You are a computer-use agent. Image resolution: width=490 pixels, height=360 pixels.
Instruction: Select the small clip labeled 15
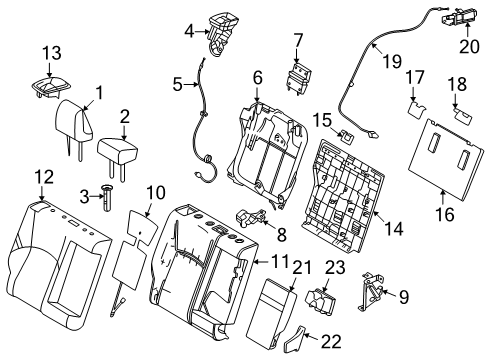348,135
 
